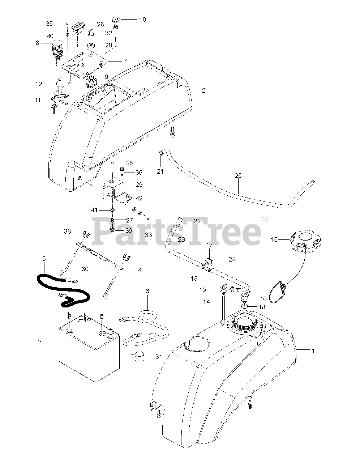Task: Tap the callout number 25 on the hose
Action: [238, 176]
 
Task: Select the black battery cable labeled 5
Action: [63, 288]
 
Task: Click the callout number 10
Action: [142, 19]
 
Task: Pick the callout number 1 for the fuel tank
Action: [313, 350]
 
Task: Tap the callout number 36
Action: [139, 173]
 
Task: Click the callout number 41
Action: [94, 209]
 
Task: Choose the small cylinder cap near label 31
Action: [137, 356]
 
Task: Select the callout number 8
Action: [37, 43]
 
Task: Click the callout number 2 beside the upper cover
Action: [204, 91]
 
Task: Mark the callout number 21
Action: [160, 171]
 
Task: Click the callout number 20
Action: [108, 46]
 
